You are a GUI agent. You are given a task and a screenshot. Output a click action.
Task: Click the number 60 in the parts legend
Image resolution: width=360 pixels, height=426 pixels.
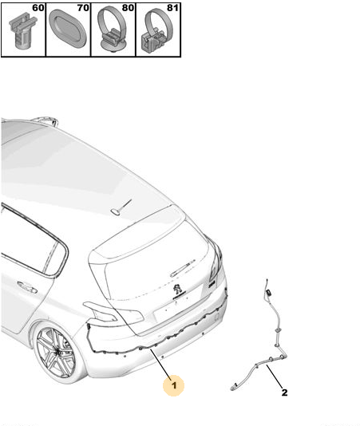point(38,8)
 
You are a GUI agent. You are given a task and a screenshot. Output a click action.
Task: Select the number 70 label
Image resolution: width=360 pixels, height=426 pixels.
point(83,8)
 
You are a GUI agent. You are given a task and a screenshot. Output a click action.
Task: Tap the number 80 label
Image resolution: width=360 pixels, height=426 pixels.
point(128,8)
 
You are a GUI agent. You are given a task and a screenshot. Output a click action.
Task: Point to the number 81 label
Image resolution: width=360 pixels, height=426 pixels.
point(172,8)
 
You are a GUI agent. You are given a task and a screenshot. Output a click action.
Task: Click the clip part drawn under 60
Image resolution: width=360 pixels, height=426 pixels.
point(22,32)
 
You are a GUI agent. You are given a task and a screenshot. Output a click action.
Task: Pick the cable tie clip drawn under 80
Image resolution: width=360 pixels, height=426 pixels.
point(113,30)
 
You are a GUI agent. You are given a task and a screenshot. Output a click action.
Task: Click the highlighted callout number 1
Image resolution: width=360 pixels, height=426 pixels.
point(174,385)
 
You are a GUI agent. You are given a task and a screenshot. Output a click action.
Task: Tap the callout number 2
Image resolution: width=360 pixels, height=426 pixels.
point(284,392)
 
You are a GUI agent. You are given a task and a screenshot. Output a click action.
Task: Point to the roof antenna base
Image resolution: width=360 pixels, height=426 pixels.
point(115,211)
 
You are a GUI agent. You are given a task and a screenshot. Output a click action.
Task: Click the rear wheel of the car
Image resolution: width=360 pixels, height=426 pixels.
point(56,352)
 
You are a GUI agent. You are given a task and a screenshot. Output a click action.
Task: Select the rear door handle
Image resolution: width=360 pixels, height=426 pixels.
point(27,287)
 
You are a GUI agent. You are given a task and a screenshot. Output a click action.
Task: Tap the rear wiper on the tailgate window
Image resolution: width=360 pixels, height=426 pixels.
point(183,268)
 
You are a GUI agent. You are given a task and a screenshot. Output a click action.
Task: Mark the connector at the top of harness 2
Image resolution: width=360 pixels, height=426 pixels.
point(269,293)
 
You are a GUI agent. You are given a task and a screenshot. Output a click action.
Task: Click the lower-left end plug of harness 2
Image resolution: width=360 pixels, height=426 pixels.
point(233,388)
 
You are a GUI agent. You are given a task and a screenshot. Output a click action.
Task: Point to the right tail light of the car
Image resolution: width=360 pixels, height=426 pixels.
point(216,261)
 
